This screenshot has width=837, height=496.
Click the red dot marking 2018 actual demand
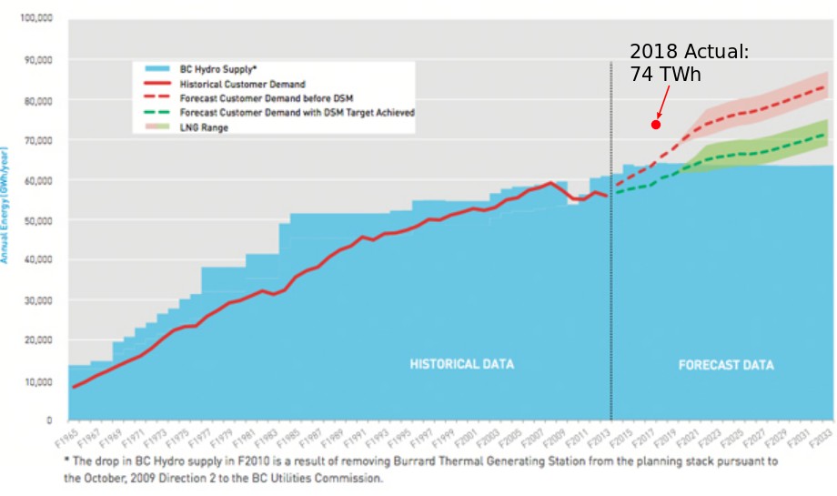(655, 125)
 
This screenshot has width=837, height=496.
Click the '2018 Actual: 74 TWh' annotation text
(689, 63)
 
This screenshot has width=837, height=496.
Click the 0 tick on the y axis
(49, 420)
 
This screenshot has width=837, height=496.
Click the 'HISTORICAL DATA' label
(461, 364)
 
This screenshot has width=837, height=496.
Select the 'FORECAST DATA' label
(726, 365)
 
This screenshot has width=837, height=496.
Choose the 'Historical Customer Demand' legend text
(243, 84)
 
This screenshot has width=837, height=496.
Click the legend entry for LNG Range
(205, 127)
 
